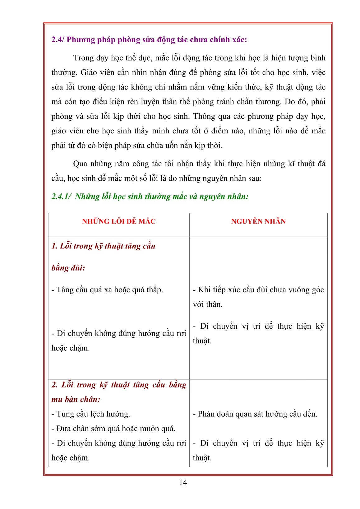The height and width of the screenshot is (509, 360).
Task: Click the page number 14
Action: point(183,482)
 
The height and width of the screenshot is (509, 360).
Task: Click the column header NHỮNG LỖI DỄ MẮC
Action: point(119,221)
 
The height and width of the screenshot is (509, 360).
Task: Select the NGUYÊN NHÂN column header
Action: point(258,221)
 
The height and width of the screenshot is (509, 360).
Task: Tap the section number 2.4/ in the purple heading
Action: point(58,40)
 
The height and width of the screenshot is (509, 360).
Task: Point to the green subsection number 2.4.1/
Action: point(62,197)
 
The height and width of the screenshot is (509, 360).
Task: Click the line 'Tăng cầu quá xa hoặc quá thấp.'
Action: point(107,290)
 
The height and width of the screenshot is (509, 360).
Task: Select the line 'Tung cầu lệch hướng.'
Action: point(91,414)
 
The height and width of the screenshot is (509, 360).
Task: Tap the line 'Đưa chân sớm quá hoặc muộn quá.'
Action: point(113,428)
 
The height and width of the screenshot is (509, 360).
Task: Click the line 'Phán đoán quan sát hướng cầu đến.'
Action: point(255,414)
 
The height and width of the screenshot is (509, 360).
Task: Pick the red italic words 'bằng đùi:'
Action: point(68,268)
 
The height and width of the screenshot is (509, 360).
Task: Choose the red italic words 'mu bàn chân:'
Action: point(76,399)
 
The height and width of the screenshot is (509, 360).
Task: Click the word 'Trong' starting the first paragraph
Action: point(83,58)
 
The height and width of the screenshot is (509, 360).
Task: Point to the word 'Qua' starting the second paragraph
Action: point(80,164)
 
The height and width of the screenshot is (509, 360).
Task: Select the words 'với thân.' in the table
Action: point(208,304)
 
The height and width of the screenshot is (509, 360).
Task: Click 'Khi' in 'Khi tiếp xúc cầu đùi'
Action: point(204,290)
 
